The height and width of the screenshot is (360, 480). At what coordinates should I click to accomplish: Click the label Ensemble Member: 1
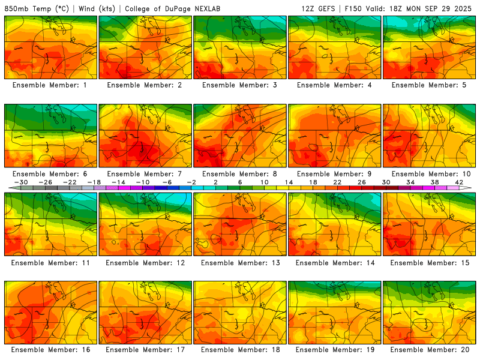tap(51, 85)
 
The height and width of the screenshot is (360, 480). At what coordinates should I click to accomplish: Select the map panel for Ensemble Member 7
tap(145, 136)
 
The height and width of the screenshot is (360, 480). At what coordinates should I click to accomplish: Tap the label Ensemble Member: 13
tap(240, 262)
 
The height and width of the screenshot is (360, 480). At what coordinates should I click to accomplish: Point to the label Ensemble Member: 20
tap(430, 350)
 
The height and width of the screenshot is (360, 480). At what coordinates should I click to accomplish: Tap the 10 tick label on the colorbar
tap(264, 182)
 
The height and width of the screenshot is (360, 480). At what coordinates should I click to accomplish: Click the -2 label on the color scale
tap(191, 182)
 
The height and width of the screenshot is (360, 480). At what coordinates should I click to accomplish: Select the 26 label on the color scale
tap(360, 182)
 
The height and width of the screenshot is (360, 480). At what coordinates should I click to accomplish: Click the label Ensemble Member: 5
tap(430, 85)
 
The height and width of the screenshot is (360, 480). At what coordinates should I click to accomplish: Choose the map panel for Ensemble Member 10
tap(430, 136)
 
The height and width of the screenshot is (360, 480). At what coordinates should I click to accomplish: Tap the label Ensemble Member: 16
tap(51, 350)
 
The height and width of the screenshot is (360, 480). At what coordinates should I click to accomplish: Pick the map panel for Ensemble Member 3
tap(240, 47)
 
